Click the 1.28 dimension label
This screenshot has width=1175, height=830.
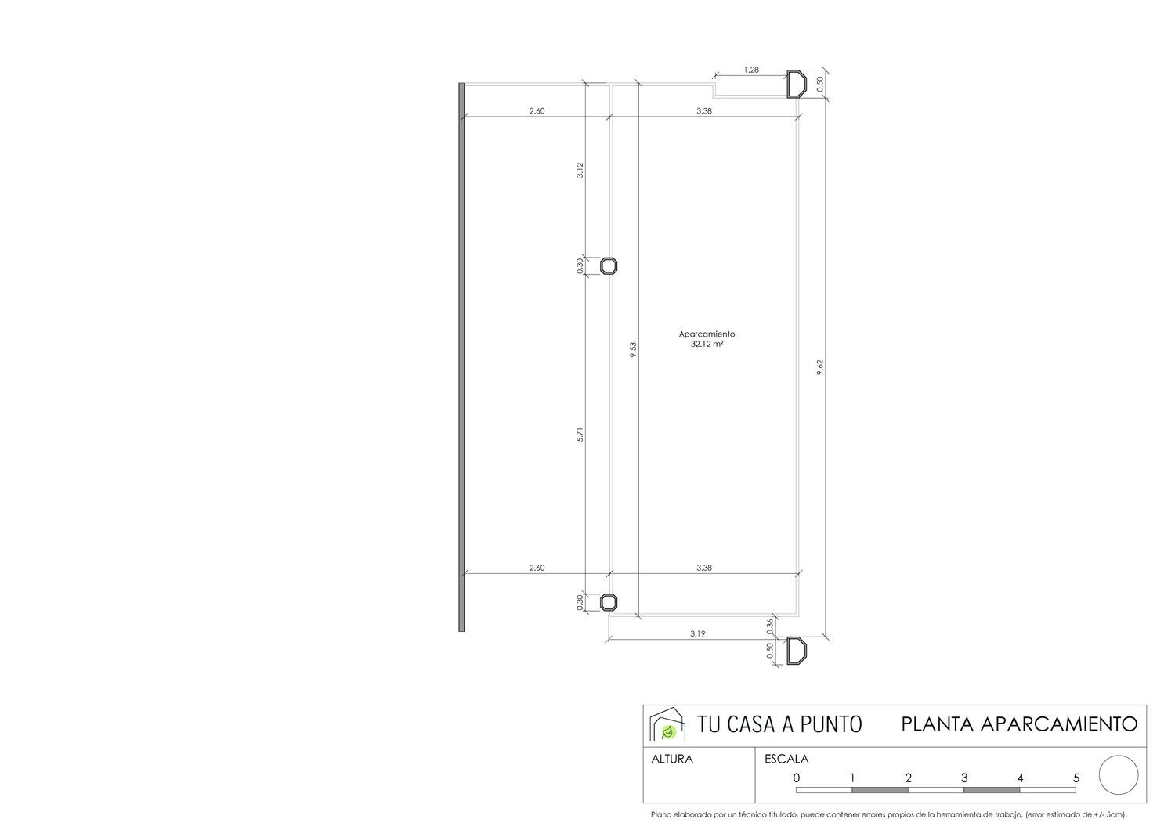tap(751, 70)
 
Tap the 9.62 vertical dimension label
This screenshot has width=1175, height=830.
tap(820, 366)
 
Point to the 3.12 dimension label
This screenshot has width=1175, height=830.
tap(580, 171)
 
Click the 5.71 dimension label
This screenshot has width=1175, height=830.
tap(580, 435)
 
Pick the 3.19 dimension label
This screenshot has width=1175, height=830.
tap(697, 633)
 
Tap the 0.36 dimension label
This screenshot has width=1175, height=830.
tap(769, 626)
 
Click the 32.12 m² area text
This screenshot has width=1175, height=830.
tap(707, 344)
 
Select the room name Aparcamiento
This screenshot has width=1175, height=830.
tap(707, 334)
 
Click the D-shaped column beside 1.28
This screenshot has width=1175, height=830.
tap(797, 85)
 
